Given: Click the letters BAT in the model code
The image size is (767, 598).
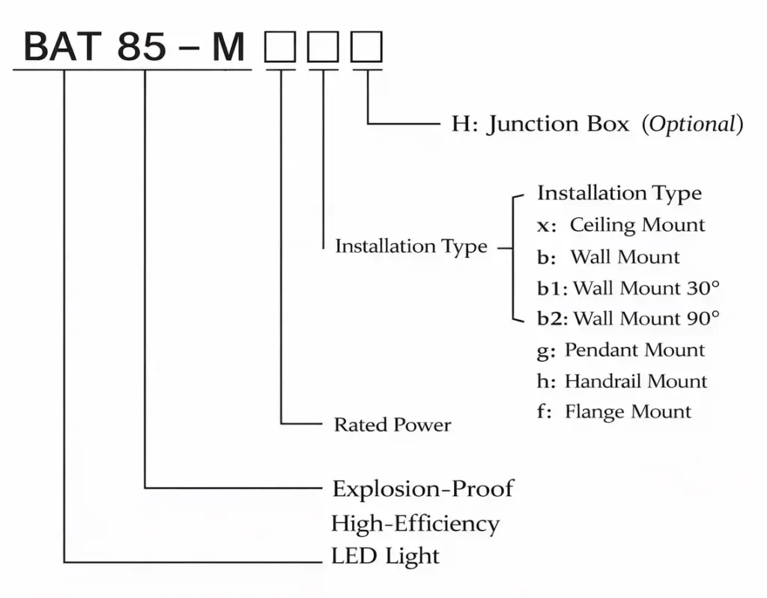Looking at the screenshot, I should (62, 46).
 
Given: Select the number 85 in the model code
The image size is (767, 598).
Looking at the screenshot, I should (142, 46).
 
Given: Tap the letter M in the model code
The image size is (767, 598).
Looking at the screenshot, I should (228, 46).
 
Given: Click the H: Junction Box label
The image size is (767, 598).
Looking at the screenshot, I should (540, 124).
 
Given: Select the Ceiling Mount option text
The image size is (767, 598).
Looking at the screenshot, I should (637, 225).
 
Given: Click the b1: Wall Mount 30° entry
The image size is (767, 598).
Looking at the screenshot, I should (628, 288).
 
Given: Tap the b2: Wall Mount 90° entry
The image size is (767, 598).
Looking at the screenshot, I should (628, 318).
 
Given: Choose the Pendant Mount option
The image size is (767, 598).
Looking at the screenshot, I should (634, 350).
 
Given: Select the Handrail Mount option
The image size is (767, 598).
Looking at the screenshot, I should (635, 381).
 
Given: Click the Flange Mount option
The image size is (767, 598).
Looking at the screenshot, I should (628, 411).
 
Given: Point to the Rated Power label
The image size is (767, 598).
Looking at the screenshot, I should (392, 425).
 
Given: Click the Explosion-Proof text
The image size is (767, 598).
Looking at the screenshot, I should (423, 489).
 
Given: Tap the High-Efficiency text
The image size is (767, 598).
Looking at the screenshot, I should (416, 523).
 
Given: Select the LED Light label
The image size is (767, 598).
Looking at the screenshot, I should (385, 556).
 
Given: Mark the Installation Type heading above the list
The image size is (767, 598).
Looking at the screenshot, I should (619, 193).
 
